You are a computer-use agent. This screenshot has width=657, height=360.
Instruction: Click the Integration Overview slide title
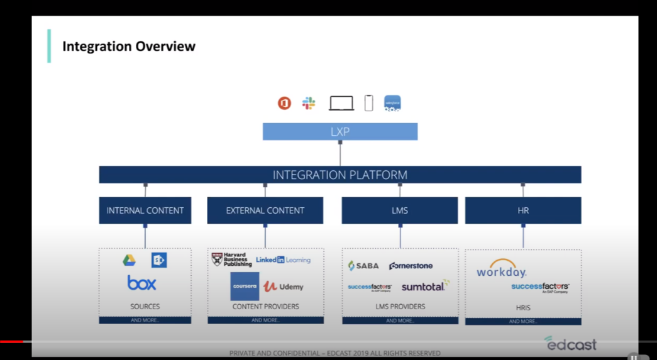tap(129, 46)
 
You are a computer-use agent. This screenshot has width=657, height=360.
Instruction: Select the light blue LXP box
tap(340, 132)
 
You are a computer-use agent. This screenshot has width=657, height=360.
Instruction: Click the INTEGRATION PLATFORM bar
tap(340, 175)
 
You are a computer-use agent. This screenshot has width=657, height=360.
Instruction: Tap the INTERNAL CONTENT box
tap(145, 210)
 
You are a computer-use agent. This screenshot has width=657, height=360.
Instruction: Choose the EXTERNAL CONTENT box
tap(265, 210)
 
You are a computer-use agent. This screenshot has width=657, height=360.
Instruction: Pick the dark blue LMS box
tap(400, 210)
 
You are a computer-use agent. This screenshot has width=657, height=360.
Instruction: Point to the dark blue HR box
tap(523, 210)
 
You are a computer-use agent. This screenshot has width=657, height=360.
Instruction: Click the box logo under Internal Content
tap(142, 283)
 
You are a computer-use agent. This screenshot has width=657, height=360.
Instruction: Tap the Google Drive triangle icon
tap(129, 260)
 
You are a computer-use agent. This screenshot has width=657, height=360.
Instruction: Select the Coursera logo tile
tap(245, 286)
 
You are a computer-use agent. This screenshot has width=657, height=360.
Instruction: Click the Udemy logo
tap(284, 286)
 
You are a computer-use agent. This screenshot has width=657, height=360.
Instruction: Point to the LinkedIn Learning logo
tap(283, 259)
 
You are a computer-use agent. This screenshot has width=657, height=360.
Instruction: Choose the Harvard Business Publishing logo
tap(231, 259)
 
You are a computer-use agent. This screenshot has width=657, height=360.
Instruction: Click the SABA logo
tap(363, 266)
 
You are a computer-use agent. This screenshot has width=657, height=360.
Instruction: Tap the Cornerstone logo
tap(411, 266)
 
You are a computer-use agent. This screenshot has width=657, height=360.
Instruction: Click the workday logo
tap(501, 270)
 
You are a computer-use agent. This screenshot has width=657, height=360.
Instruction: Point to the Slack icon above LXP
tap(309, 103)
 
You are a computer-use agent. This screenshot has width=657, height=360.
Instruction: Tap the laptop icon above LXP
tap(341, 103)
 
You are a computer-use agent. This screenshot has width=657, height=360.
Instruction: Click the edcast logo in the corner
tap(570, 343)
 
